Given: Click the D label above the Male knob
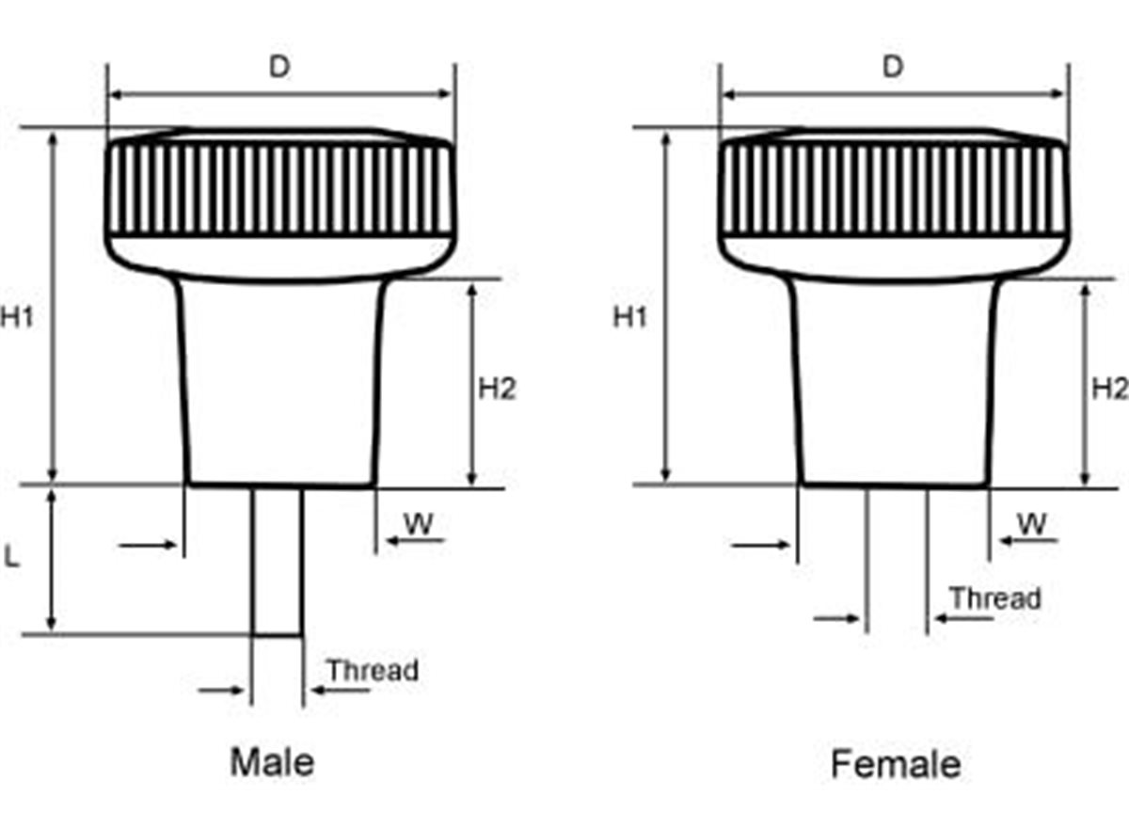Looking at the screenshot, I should click(279, 67).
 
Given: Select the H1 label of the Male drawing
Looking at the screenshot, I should click(17, 318).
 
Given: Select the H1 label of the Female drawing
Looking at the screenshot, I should click(630, 318).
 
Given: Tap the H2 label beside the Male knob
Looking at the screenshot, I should click(497, 388).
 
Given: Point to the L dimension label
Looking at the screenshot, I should click(12, 556).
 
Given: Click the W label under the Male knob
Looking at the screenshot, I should click(419, 524).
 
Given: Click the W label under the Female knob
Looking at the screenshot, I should click(1032, 524).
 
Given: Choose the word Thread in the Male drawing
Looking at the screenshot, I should click(373, 671).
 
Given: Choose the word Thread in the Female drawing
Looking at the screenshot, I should click(994, 598).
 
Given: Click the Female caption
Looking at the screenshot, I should click(896, 764).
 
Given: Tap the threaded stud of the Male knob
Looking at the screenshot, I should click(278, 560).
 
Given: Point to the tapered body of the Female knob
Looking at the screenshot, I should click(894, 386).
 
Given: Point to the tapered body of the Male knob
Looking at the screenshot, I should click(281, 386).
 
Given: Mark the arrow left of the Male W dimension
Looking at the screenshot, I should click(149, 544).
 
